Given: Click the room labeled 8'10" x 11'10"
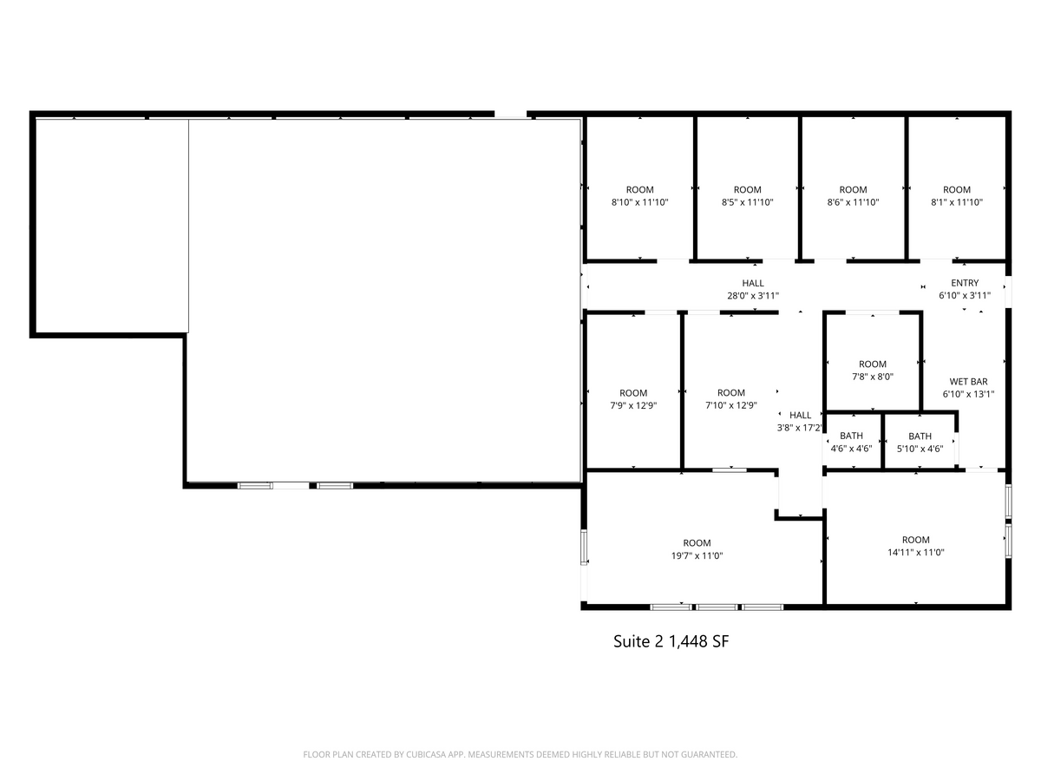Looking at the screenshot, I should [x=639, y=196].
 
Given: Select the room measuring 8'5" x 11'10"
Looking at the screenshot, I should [x=747, y=196].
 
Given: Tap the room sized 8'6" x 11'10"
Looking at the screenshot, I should [x=853, y=196].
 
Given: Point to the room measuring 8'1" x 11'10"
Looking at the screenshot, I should [x=957, y=196].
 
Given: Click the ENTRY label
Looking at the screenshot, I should [x=965, y=283].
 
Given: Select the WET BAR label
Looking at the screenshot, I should [x=968, y=382].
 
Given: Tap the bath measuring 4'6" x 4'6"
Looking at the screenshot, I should [x=851, y=443].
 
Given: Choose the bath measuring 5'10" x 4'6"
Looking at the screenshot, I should [x=920, y=443].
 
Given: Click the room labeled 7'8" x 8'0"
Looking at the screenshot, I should [x=873, y=371].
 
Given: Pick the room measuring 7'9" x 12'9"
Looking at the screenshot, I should [x=633, y=399].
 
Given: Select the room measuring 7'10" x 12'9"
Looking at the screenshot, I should [x=731, y=399].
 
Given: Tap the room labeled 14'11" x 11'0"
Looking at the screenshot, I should [x=915, y=546].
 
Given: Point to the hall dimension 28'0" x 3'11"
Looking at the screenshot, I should [x=753, y=296].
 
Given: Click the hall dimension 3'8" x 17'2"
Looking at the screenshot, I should [x=800, y=428].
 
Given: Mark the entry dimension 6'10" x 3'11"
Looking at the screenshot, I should [x=965, y=296].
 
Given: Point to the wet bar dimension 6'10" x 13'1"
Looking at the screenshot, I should [x=968, y=394].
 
